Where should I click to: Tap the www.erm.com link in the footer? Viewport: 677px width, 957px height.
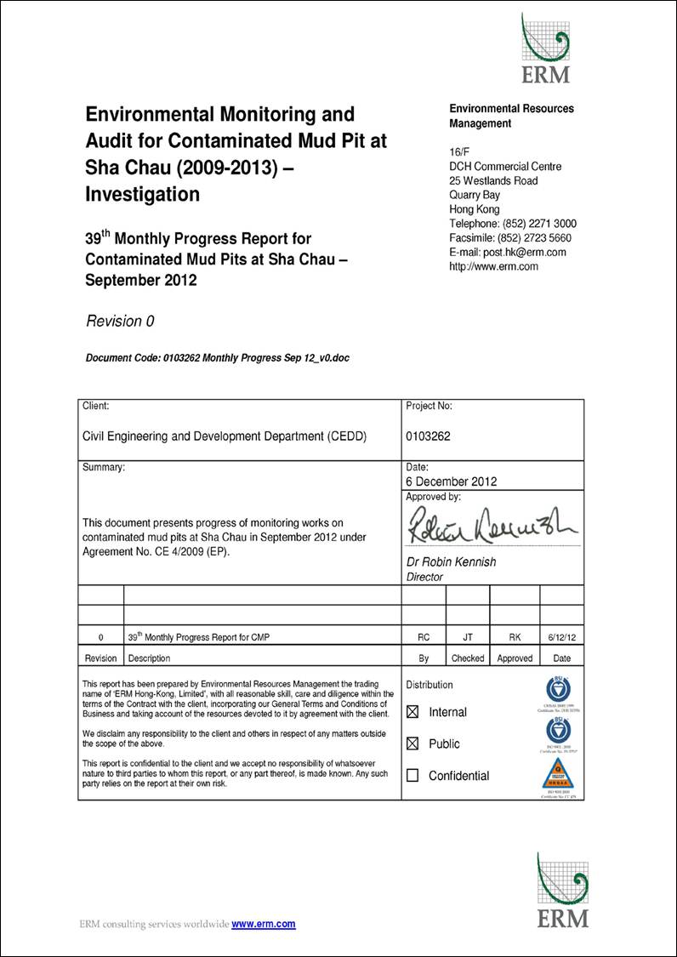[264, 924]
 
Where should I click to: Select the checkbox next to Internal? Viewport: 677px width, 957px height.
[413, 712]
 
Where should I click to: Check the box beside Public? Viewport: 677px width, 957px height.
[413, 743]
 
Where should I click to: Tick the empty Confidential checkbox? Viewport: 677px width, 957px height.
[413, 775]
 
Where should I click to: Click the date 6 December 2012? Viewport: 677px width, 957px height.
[452, 481]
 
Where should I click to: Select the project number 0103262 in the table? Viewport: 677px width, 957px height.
[429, 436]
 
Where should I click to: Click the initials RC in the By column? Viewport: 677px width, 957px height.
[424, 636]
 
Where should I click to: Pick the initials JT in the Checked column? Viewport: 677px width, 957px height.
[468, 636]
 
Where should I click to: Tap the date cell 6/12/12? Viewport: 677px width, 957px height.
[561, 636]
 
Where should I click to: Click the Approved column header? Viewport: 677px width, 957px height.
[515, 658]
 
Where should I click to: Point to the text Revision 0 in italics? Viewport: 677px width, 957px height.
[120, 322]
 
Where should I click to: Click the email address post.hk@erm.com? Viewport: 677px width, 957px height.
[518, 253]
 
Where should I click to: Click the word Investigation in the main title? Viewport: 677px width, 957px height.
[143, 194]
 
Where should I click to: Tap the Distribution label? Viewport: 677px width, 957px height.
[430, 685]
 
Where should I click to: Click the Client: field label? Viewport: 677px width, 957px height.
[95, 407]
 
